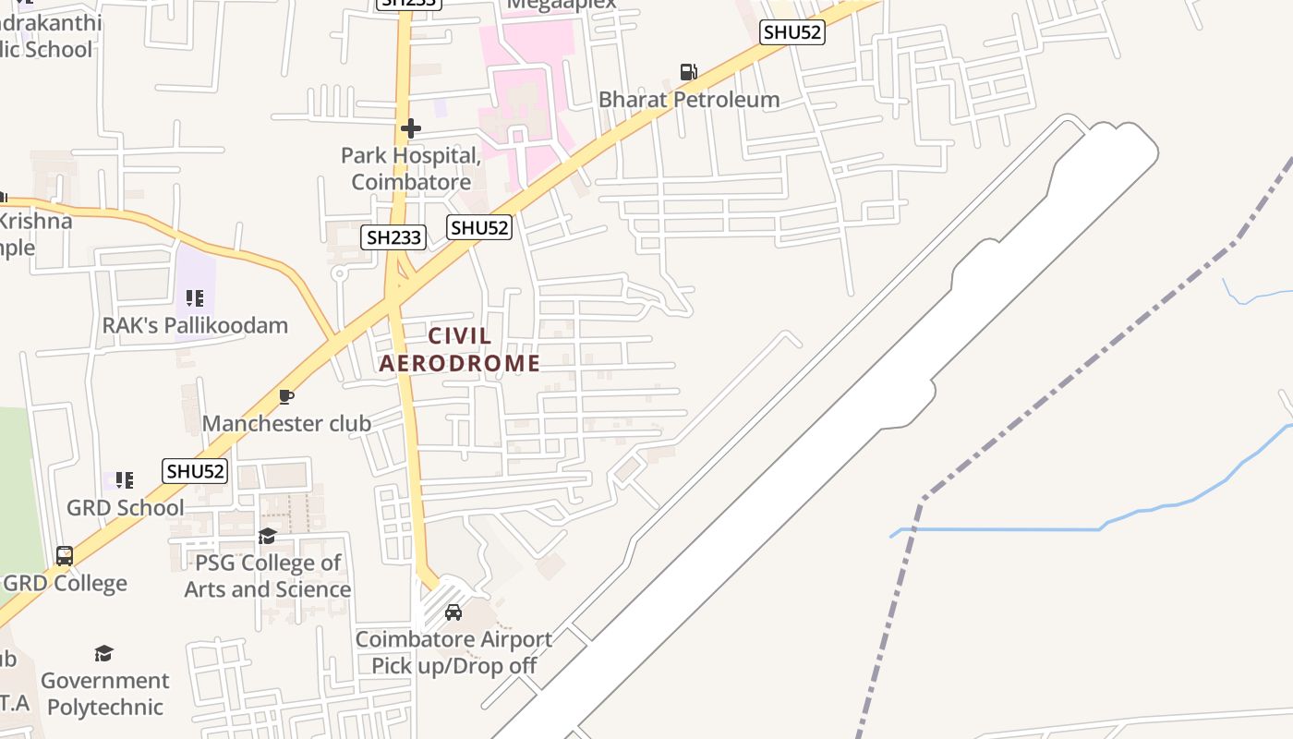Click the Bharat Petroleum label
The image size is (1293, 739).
pos(689,99)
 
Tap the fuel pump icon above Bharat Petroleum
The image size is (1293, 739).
pos(688,71)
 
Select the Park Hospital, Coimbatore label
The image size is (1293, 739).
pos(411,168)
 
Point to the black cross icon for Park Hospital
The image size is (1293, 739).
pos(411,127)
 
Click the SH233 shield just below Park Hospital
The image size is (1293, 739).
pos(393,237)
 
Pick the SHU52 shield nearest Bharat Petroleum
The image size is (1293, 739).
pos(792,32)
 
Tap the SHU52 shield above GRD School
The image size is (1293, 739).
pos(195,471)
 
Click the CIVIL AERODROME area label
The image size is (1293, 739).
pos(460,349)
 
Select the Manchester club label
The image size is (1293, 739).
pos(286,423)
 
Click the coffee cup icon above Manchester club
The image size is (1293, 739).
pos(286,396)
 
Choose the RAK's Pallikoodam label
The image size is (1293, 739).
pos(195,325)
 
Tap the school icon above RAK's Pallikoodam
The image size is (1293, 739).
pos(194,297)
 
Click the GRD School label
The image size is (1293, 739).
pos(126,507)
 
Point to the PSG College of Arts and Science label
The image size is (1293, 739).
pos(268,575)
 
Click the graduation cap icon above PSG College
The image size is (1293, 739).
pos(267,536)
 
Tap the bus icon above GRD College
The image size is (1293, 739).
pos(65,556)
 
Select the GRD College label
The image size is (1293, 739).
pos(66,583)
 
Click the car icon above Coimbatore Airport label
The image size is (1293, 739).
pos(453,612)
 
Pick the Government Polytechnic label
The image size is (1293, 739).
pos(104,694)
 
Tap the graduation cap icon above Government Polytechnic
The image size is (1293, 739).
pos(103,654)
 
